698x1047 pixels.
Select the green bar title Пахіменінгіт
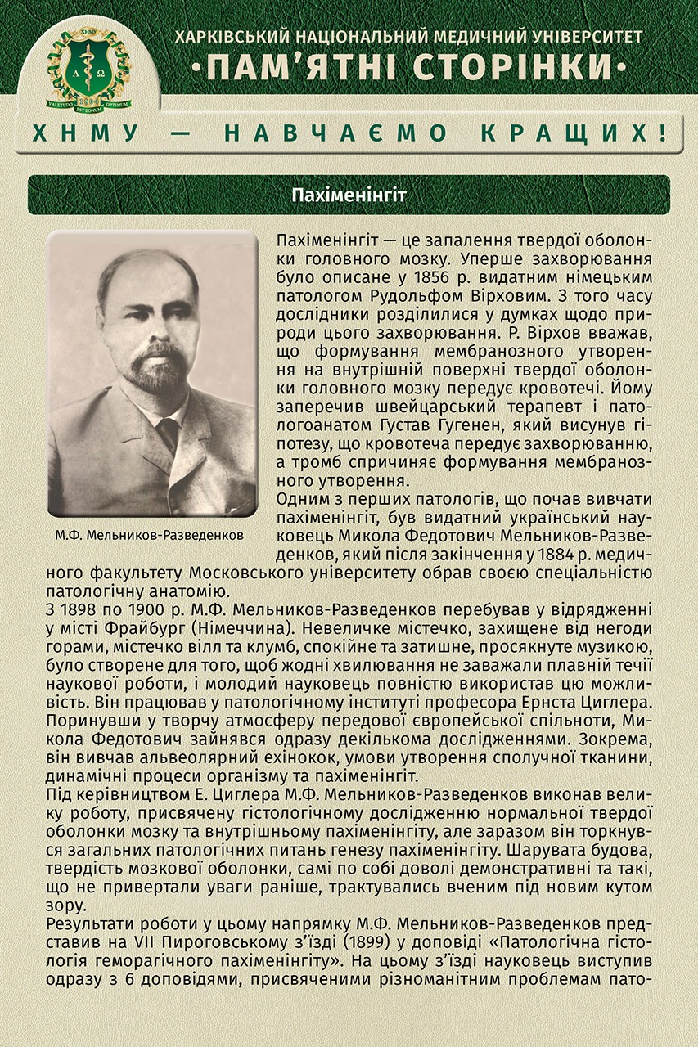click(349, 195)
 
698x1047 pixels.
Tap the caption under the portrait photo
click(150, 535)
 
